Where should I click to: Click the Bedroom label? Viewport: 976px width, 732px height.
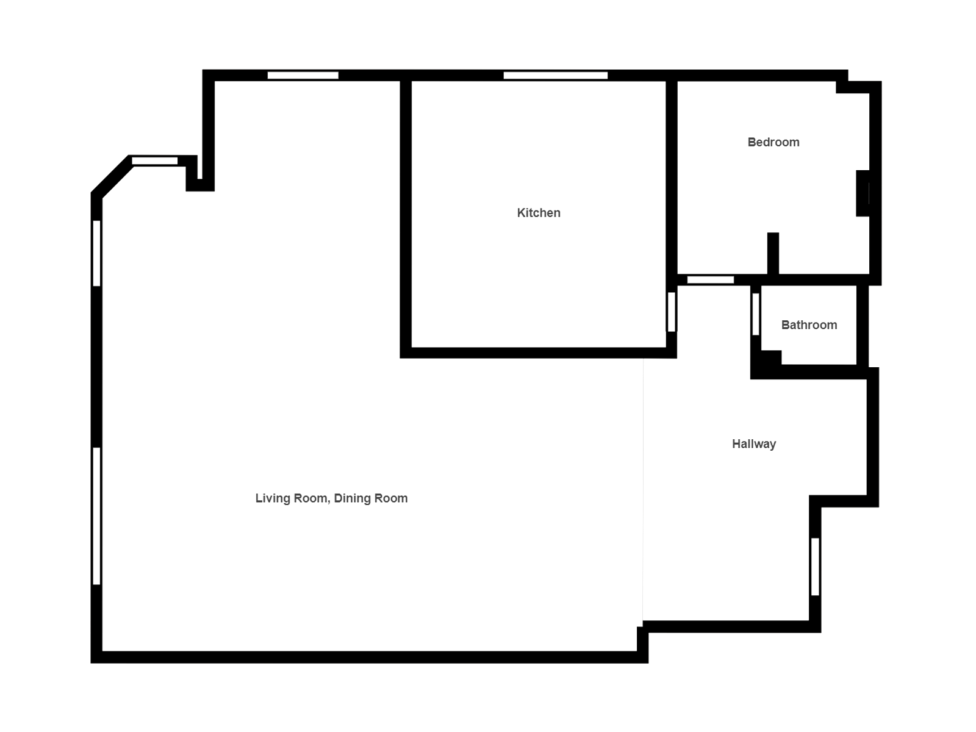773,142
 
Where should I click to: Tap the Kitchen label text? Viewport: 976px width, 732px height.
539,213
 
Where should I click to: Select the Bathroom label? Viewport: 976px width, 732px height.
809,325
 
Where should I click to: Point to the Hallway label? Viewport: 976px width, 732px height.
754,444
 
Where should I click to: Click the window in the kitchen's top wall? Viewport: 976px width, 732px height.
555,76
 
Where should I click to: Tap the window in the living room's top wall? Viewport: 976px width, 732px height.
303,76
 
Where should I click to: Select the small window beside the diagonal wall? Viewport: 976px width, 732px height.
155,161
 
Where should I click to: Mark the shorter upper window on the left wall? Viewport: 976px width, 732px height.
96,253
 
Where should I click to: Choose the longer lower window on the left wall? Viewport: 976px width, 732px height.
96,516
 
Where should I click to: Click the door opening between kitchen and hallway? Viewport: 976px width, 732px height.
672,312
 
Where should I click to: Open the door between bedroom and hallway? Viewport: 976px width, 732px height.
710,280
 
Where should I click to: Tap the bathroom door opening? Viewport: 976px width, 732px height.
755,314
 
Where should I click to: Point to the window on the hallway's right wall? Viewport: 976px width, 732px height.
815,567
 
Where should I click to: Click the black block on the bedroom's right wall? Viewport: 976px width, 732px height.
863,193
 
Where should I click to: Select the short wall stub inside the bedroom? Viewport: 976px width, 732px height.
773,253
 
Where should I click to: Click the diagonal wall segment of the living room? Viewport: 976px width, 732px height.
112,176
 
